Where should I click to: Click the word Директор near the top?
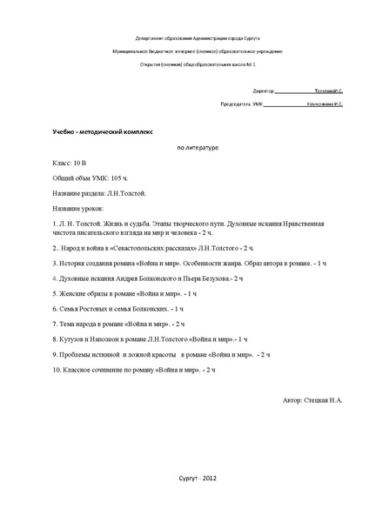pos(264,90)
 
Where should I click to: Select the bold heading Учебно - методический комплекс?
pos(102,131)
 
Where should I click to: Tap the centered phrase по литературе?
pos(198,147)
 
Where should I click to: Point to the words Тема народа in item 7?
pos(80,324)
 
